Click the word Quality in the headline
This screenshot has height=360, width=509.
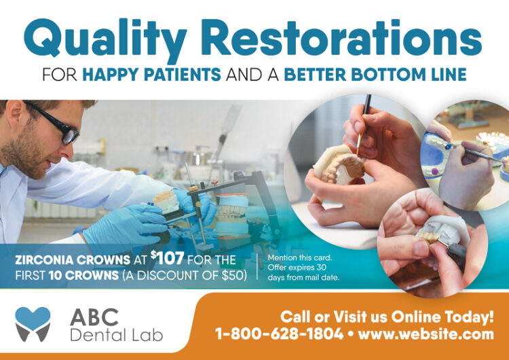tap(100, 37)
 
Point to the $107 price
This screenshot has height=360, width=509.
tap(166, 258)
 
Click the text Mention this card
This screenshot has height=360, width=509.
tap(299, 258)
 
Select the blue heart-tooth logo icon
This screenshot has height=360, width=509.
tap(33, 323)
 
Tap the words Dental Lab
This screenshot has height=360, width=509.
tap(115, 334)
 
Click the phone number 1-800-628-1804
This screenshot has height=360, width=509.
tap(280, 334)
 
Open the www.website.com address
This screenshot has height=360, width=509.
tap(426, 334)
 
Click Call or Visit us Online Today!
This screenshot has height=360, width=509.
tap(387, 316)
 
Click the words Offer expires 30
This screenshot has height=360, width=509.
tap(301, 268)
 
